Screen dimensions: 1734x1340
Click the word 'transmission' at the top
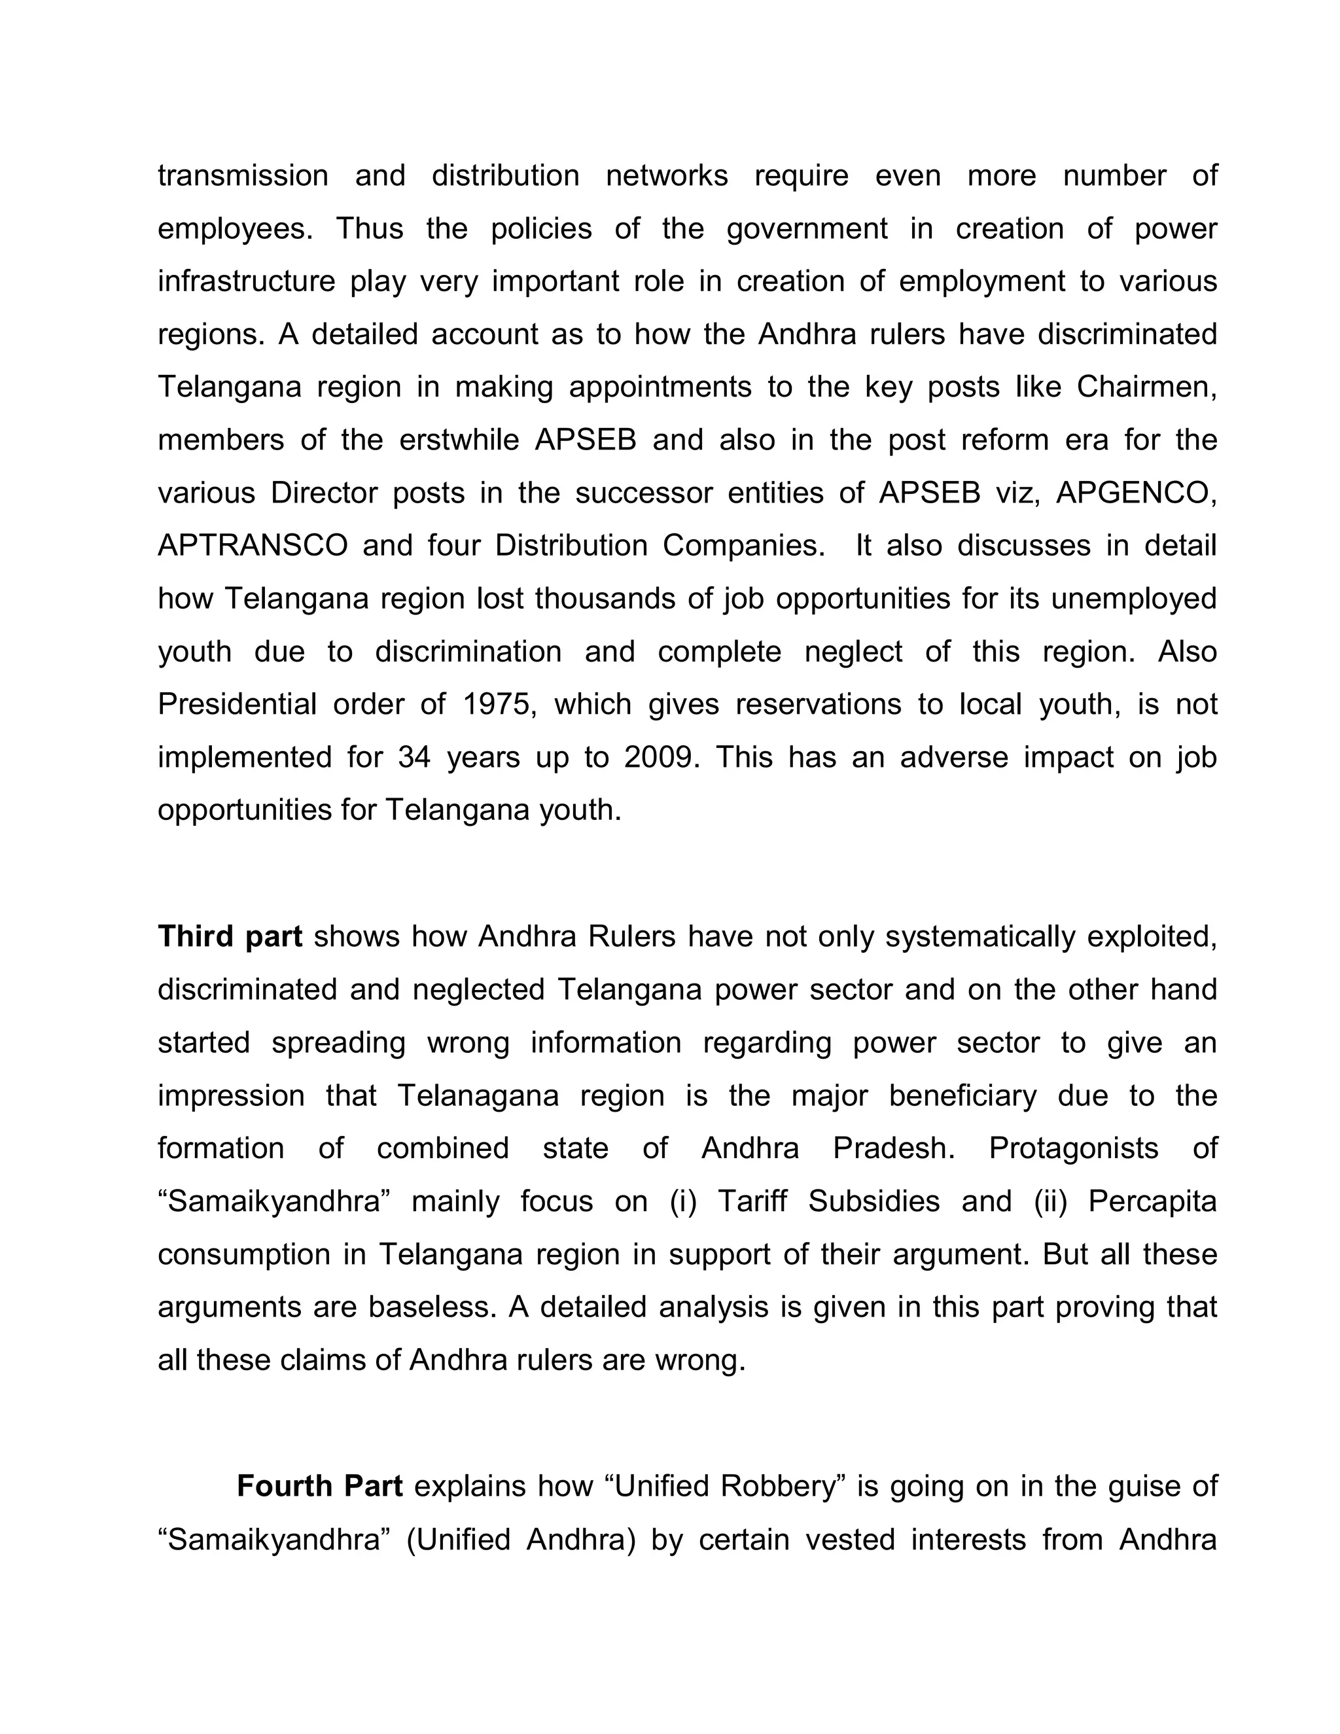[243, 175]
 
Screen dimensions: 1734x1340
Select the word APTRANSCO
[253, 546]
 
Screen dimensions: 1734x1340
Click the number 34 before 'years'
[414, 758]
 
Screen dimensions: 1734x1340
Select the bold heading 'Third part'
[230, 937]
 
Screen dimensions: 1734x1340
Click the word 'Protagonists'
[1073, 1148]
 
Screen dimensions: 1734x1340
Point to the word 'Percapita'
[1152, 1201]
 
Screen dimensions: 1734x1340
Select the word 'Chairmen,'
[1146, 387]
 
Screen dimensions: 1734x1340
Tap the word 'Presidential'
[238, 704]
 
